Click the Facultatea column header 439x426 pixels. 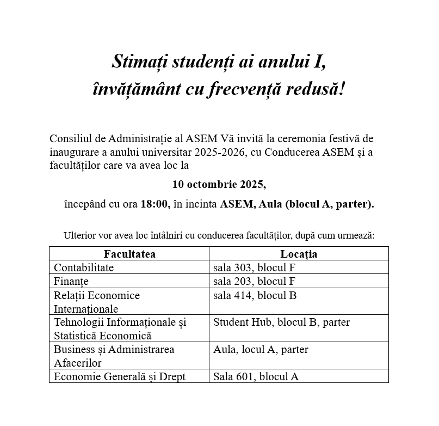click(x=129, y=254)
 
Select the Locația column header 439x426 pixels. click(x=299, y=254)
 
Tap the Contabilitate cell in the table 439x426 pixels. click(x=84, y=267)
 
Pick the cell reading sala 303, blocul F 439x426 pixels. click(x=253, y=267)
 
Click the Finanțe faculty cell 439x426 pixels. click(x=71, y=281)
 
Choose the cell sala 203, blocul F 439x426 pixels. click(x=253, y=281)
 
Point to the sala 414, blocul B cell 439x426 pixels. click(x=255, y=295)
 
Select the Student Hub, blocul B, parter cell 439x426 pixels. click(x=281, y=322)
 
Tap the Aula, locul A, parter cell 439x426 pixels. click(x=261, y=349)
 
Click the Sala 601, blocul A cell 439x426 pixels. click(x=256, y=376)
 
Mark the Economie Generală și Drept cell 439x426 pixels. click(x=120, y=376)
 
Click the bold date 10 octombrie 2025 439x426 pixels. click(x=219, y=185)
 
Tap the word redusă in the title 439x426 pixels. click(x=320, y=88)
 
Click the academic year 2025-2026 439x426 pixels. click(x=215, y=152)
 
